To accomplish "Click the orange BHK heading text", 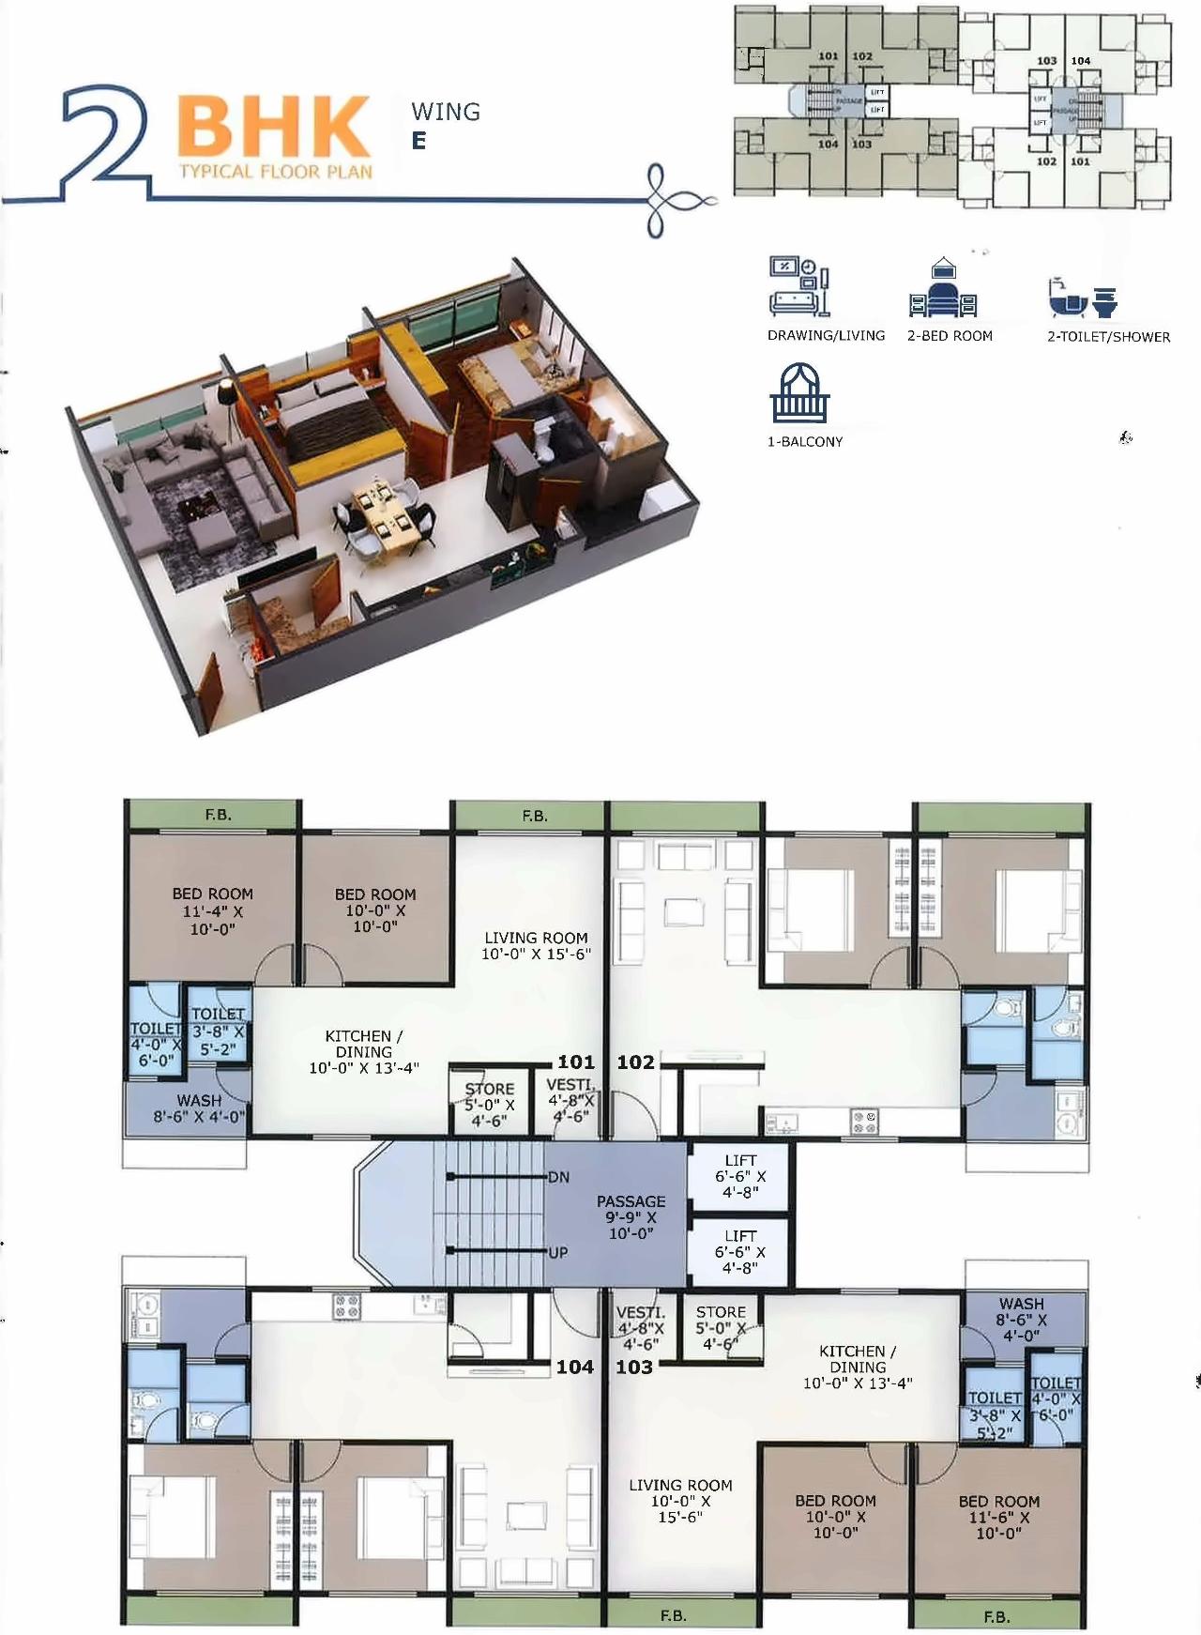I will (274, 127).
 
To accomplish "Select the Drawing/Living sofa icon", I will (798, 286).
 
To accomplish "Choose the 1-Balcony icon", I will (799, 394).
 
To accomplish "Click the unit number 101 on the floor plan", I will (576, 1062).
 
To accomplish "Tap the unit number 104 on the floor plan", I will (574, 1367).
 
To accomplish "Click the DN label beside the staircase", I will (558, 1177).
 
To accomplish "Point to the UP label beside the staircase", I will (558, 1252).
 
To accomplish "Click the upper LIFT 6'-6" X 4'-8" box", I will (740, 1176).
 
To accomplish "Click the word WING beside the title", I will (446, 113).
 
